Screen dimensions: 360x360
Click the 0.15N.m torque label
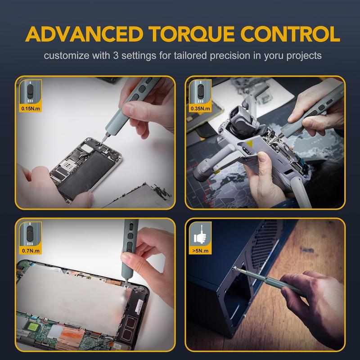(29, 108)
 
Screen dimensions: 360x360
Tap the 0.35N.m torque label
(199, 108)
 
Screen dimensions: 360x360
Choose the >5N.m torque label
(198, 251)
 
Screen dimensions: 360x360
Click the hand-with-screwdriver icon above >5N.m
(198, 235)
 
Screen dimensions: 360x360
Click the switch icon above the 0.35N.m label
(199, 92)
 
